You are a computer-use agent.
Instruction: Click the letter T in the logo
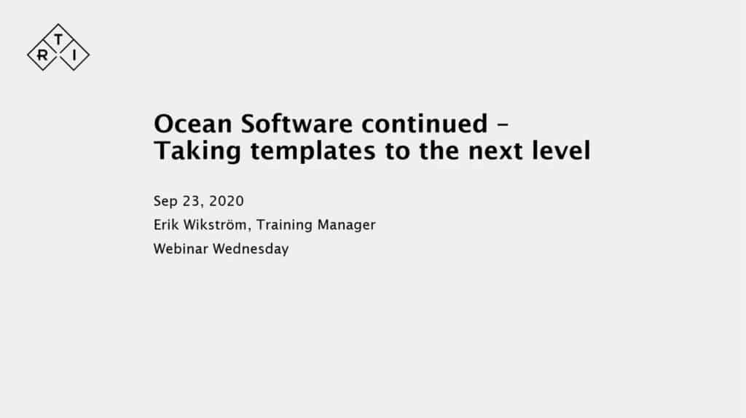(x=58, y=39)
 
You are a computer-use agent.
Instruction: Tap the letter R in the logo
(x=42, y=55)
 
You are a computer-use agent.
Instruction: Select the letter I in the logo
(x=74, y=55)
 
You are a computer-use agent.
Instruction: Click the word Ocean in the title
(x=193, y=124)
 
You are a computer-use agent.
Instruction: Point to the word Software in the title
(x=297, y=124)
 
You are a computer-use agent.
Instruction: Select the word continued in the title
(x=425, y=124)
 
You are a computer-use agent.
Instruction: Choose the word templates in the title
(x=313, y=151)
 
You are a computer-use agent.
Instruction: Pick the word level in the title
(x=561, y=151)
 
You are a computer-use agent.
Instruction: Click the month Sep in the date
(x=165, y=201)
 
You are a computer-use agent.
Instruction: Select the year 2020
(x=227, y=201)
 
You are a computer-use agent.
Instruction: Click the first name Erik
(x=166, y=225)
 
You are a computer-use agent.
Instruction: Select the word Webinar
(x=181, y=249)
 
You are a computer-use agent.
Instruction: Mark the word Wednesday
(x=251, y=249)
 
